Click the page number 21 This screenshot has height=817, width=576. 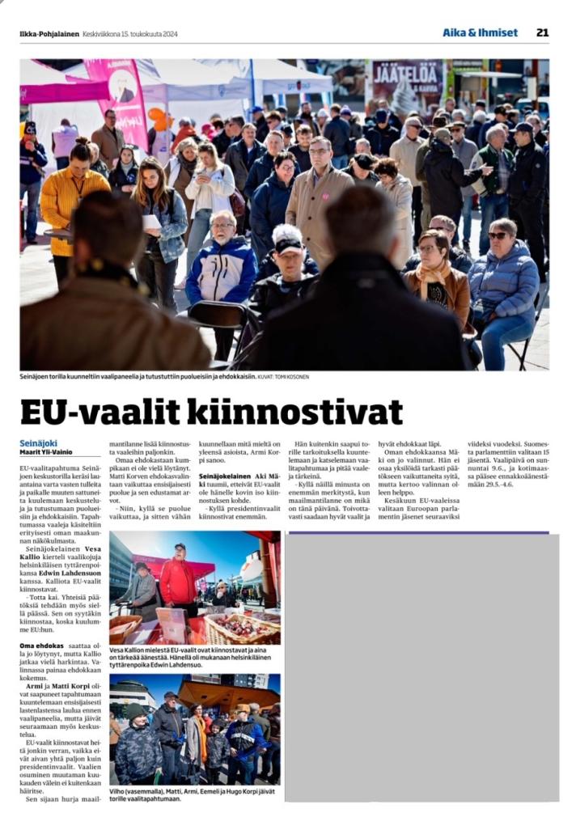(x=542, y=32)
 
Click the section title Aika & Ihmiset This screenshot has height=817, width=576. (x=480, y=32)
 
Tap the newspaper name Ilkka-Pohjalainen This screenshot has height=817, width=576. (x=49, y=34)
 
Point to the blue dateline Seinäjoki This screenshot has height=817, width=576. (x=38, y=443)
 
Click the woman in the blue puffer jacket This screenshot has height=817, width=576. (x=505, y=283)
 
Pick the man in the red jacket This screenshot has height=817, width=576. (x=177, y=578)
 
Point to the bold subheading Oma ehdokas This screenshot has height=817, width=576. (x=42, y=646)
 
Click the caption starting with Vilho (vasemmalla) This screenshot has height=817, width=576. (x=194, y=794)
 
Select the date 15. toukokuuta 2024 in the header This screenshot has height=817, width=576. (x=144, y=34)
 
